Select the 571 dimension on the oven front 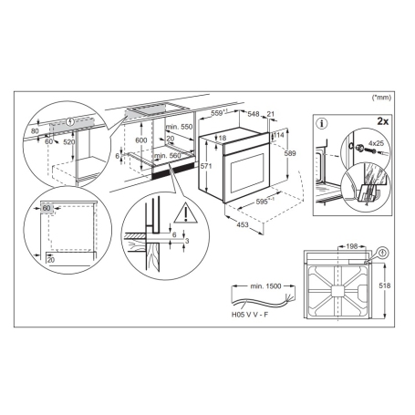click(x=207, y=167)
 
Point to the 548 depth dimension click(x=254, y=113)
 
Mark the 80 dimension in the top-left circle click(x=33, y=130)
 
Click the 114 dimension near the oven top click(x=279, y=134)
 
